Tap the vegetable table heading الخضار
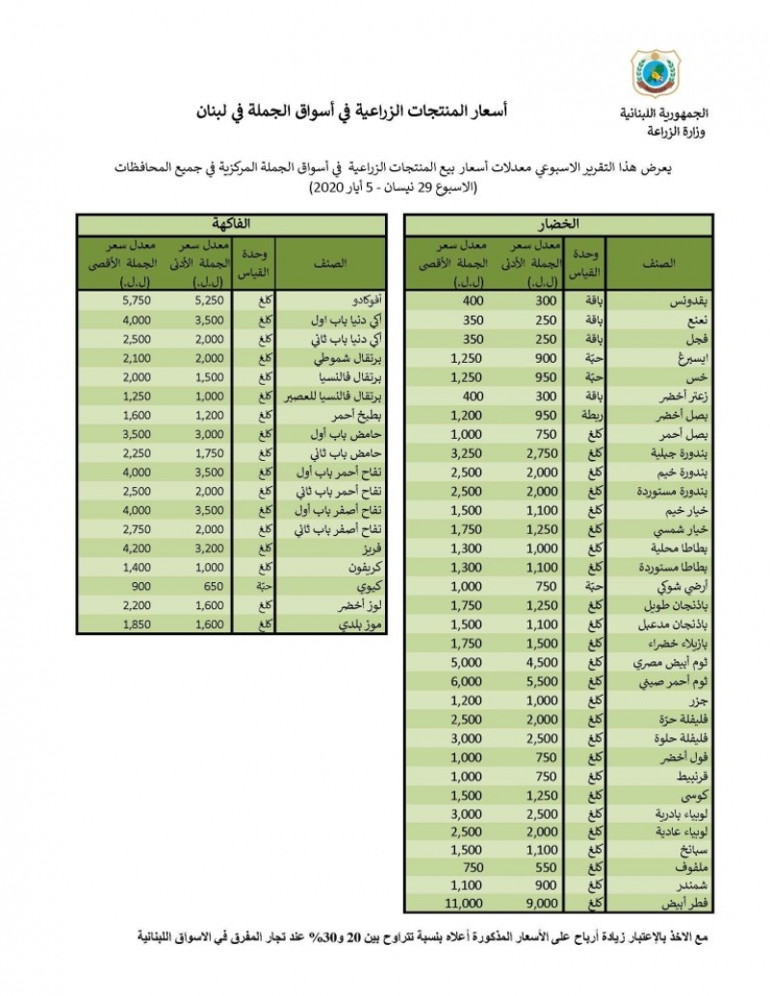(x=559, y=224)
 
